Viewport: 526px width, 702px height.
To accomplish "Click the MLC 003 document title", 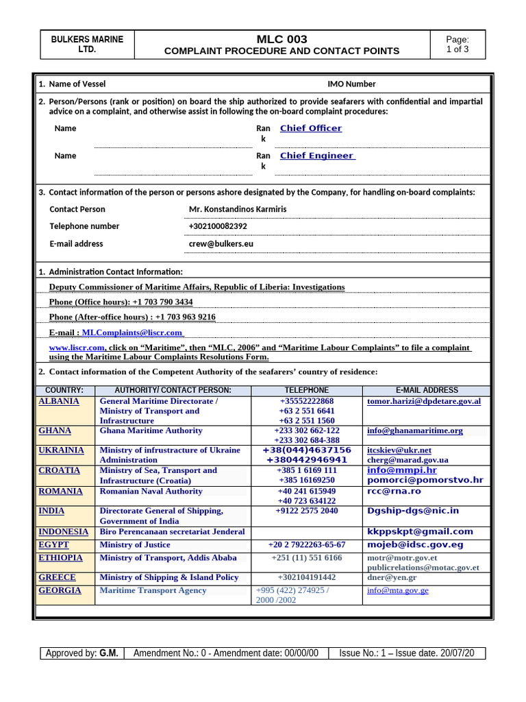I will coord(281,39).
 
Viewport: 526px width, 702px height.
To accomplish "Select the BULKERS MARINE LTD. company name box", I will coord(87,45).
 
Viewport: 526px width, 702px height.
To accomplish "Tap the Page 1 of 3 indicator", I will coord(457,45).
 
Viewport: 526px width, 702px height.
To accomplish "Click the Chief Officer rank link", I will coord(310,128).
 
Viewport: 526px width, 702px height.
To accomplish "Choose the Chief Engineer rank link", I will coord(316,156).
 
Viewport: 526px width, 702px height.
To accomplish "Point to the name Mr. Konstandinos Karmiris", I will coord(237,209).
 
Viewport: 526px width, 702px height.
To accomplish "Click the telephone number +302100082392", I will coord(218,226).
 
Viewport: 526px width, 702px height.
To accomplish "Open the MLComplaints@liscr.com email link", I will coord(131,332).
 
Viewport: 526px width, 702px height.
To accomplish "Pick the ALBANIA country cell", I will coord(59,401).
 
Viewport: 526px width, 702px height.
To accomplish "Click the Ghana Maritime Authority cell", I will coord(151,431).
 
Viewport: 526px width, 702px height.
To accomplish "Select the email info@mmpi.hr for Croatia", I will coord(401,470).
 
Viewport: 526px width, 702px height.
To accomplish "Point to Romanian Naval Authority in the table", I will coord(151,491).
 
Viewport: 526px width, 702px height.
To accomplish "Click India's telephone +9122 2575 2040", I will coord(307,511).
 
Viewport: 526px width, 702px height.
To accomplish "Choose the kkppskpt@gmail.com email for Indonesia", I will coord(420,531).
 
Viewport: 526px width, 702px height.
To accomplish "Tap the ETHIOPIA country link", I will coord(61,558).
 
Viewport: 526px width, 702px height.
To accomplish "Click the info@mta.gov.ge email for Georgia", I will coord(397,590).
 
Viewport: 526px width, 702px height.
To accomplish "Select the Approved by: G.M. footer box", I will coord(81,653).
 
